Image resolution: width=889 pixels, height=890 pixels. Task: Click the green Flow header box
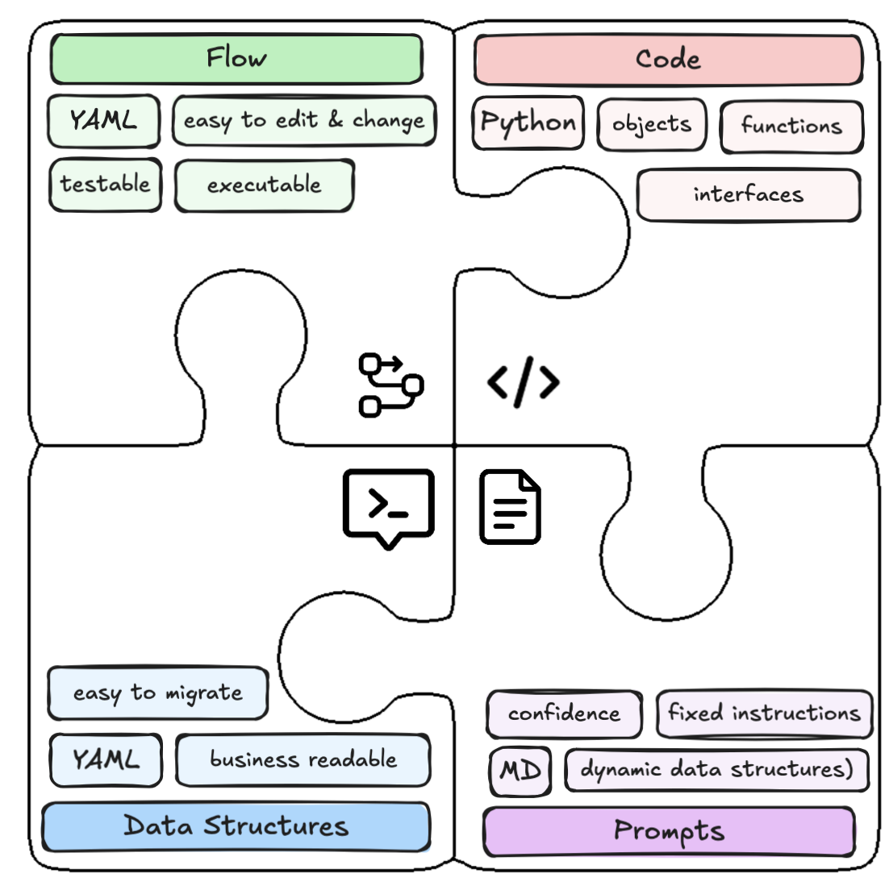[236, 59]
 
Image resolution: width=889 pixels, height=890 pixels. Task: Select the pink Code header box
[669, 60]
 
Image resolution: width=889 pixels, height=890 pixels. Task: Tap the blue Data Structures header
[236, 826]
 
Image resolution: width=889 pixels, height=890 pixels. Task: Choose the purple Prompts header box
[669, 831]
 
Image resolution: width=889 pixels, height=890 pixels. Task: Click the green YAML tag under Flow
[104, 121]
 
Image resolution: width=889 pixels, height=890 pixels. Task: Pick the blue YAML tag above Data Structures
[106, 760]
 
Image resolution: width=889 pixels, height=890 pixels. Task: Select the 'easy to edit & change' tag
[304, 121]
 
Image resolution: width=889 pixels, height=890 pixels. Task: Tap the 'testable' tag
[106, 185]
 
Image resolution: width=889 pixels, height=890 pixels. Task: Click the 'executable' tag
[264, 185]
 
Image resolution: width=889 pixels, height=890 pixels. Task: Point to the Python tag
[528, 123]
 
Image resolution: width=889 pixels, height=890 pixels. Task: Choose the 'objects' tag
[652, 124]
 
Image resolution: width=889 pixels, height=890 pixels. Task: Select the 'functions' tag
[791, 127]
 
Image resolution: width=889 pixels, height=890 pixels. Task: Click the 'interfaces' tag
[749, 195]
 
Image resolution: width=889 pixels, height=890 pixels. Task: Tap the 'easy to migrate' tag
[158, 693]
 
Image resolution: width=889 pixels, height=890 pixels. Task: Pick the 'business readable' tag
[303, 760]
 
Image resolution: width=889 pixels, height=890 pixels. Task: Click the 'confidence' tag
[564, 714]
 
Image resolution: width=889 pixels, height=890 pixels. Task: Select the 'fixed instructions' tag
[764, 713]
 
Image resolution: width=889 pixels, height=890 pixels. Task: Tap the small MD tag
[520, 771]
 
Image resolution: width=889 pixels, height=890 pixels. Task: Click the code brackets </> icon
[524, 382]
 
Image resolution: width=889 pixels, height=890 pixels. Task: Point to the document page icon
[510, 507]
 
